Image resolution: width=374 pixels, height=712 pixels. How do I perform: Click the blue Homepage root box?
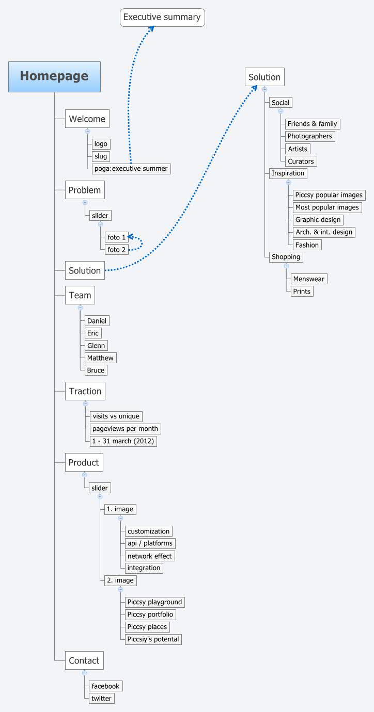point(54,76)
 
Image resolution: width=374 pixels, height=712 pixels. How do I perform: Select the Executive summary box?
point(162,18)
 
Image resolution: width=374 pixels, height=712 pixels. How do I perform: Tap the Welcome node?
point(87,119)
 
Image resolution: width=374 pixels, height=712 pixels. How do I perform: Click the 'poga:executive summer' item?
point(131,169)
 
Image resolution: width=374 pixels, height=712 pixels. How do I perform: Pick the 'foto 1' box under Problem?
point(117,237)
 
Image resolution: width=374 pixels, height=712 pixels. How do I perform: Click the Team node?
point(80,296)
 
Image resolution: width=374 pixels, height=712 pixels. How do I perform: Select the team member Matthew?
point(100,358)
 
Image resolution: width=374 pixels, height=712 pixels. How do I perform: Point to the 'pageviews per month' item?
point(125,429)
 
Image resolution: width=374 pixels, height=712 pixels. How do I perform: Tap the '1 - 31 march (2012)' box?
point(123,441)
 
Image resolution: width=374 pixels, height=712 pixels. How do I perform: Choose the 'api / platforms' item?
point(150,543)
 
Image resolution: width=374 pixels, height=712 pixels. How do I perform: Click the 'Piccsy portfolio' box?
point(150,614)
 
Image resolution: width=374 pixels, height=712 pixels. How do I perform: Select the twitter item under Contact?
point(101,698)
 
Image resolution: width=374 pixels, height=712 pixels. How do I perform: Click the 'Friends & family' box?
point(312,124)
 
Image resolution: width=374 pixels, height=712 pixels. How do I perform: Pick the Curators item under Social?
point(301,161)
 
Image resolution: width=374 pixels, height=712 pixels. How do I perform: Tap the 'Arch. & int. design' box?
point(324,232)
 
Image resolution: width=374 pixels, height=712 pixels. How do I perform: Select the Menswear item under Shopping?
point(308,279)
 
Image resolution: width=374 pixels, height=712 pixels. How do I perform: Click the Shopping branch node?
point(286,257)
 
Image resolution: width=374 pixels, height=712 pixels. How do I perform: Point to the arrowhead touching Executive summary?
point(150,29)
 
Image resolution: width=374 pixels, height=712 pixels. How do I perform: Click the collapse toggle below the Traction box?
point(85,403)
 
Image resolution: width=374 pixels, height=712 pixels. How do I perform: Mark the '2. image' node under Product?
point(120,580)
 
